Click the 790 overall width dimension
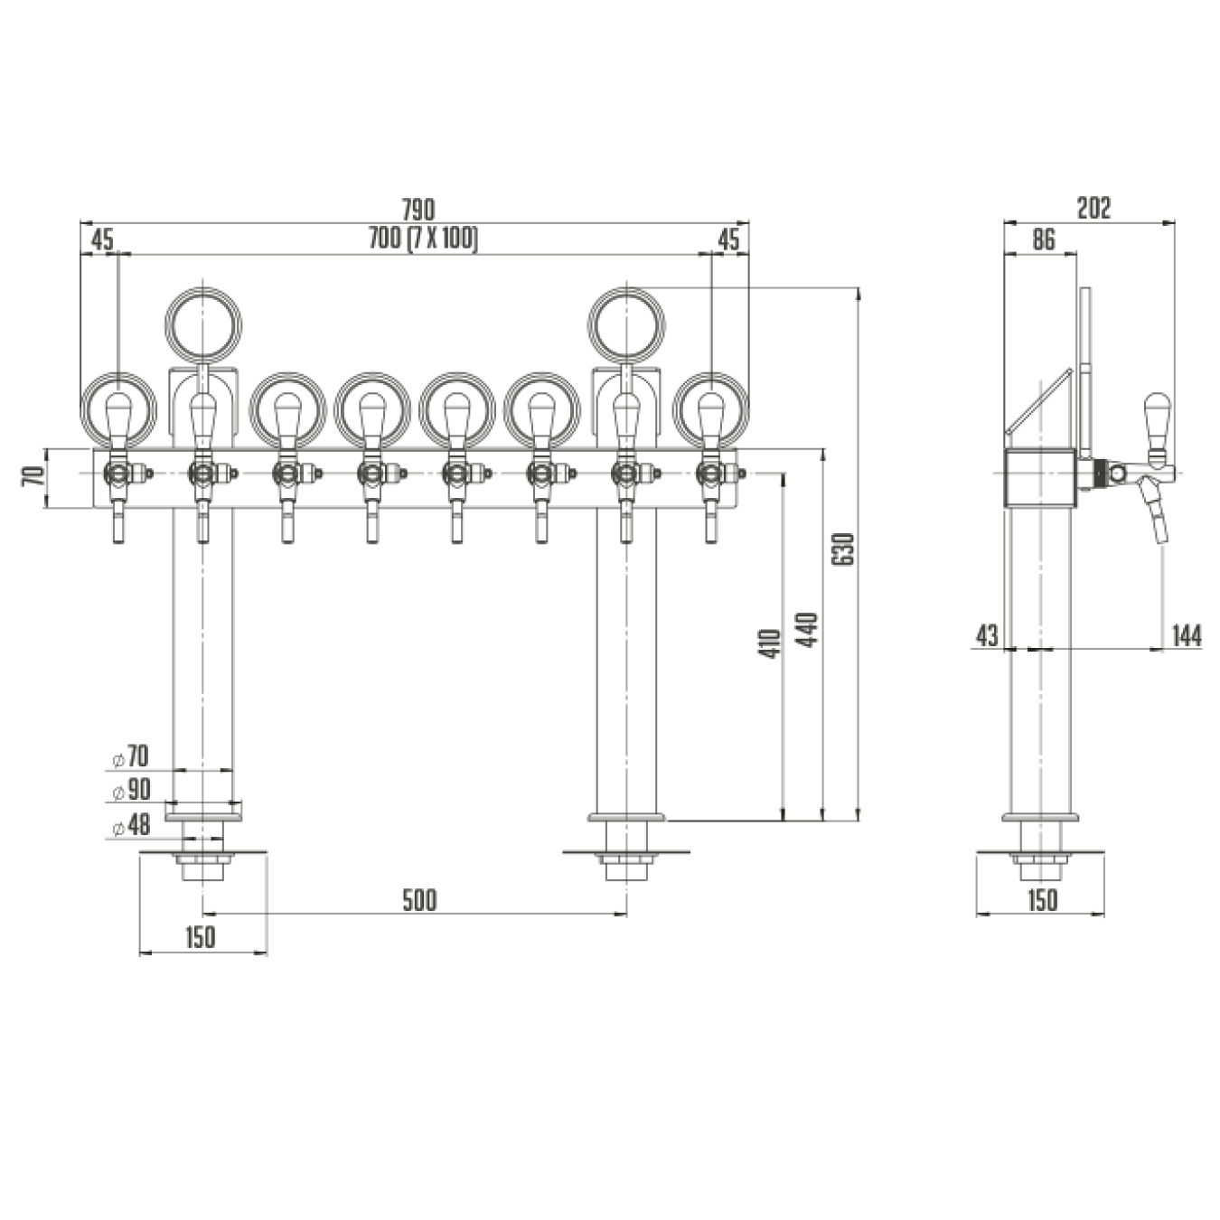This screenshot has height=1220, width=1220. tap(419, 208)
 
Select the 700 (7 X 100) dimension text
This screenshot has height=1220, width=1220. tap(423, 239)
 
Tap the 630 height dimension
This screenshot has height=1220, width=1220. tap(846, 549)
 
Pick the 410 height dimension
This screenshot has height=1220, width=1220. tap(769, 643)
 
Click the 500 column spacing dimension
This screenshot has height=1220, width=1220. tap(419, 900)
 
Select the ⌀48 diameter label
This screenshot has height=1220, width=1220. tap(131, 825)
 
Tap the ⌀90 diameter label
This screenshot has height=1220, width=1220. tap(131, 790)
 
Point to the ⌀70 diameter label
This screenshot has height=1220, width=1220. tap(130, 755)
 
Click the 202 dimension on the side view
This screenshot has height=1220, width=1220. tap(1093, 208)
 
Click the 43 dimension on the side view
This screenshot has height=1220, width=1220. tap(986, 636)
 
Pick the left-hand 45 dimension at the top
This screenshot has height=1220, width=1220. tap(102, 240)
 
